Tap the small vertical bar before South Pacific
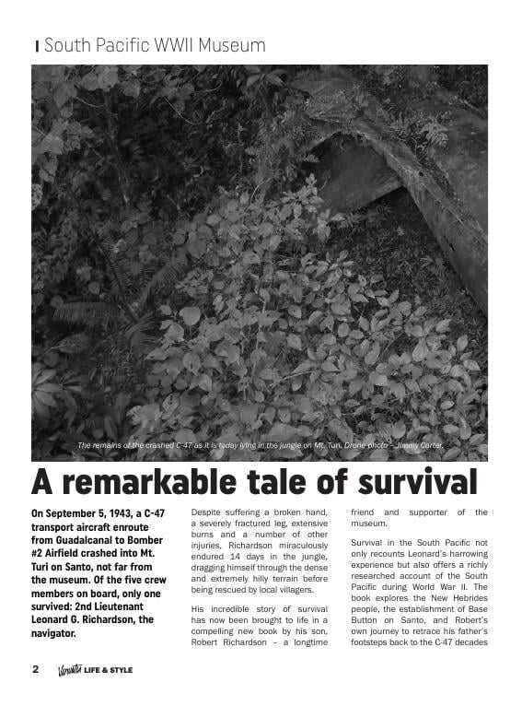[x=37, y=46]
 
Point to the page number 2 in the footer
[x=36, y=670]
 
